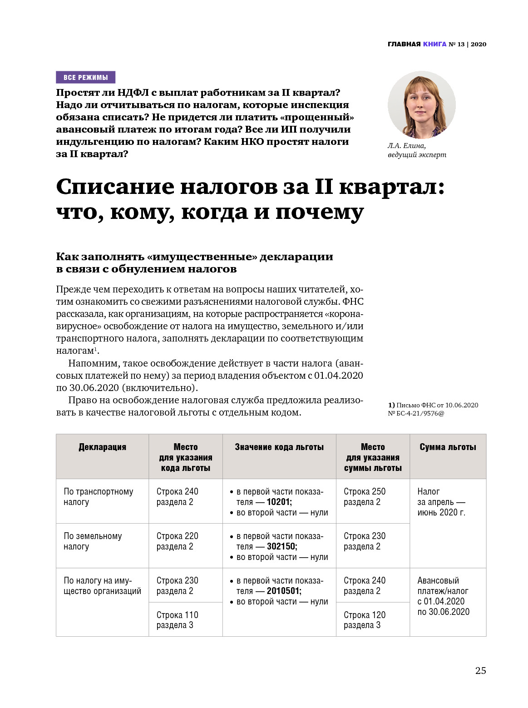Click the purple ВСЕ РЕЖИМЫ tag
point(85,77)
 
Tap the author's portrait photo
point(421,105)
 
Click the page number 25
point(480,670)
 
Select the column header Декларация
point(102,447)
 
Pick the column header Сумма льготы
point(448,447)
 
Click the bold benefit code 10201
point(279,502)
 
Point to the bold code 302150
point(281,546)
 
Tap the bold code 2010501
point(283,591)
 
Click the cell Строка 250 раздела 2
point(364,497)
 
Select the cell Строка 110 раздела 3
point(177,620)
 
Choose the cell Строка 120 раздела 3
point(364,620)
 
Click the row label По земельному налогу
point(93,541)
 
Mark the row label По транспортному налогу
point(98,497)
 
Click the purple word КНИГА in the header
point(434,44)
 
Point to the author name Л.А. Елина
point(406,146)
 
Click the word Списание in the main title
point(115,187)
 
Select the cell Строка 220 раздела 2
point(177,541)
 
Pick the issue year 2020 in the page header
point(478,44)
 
